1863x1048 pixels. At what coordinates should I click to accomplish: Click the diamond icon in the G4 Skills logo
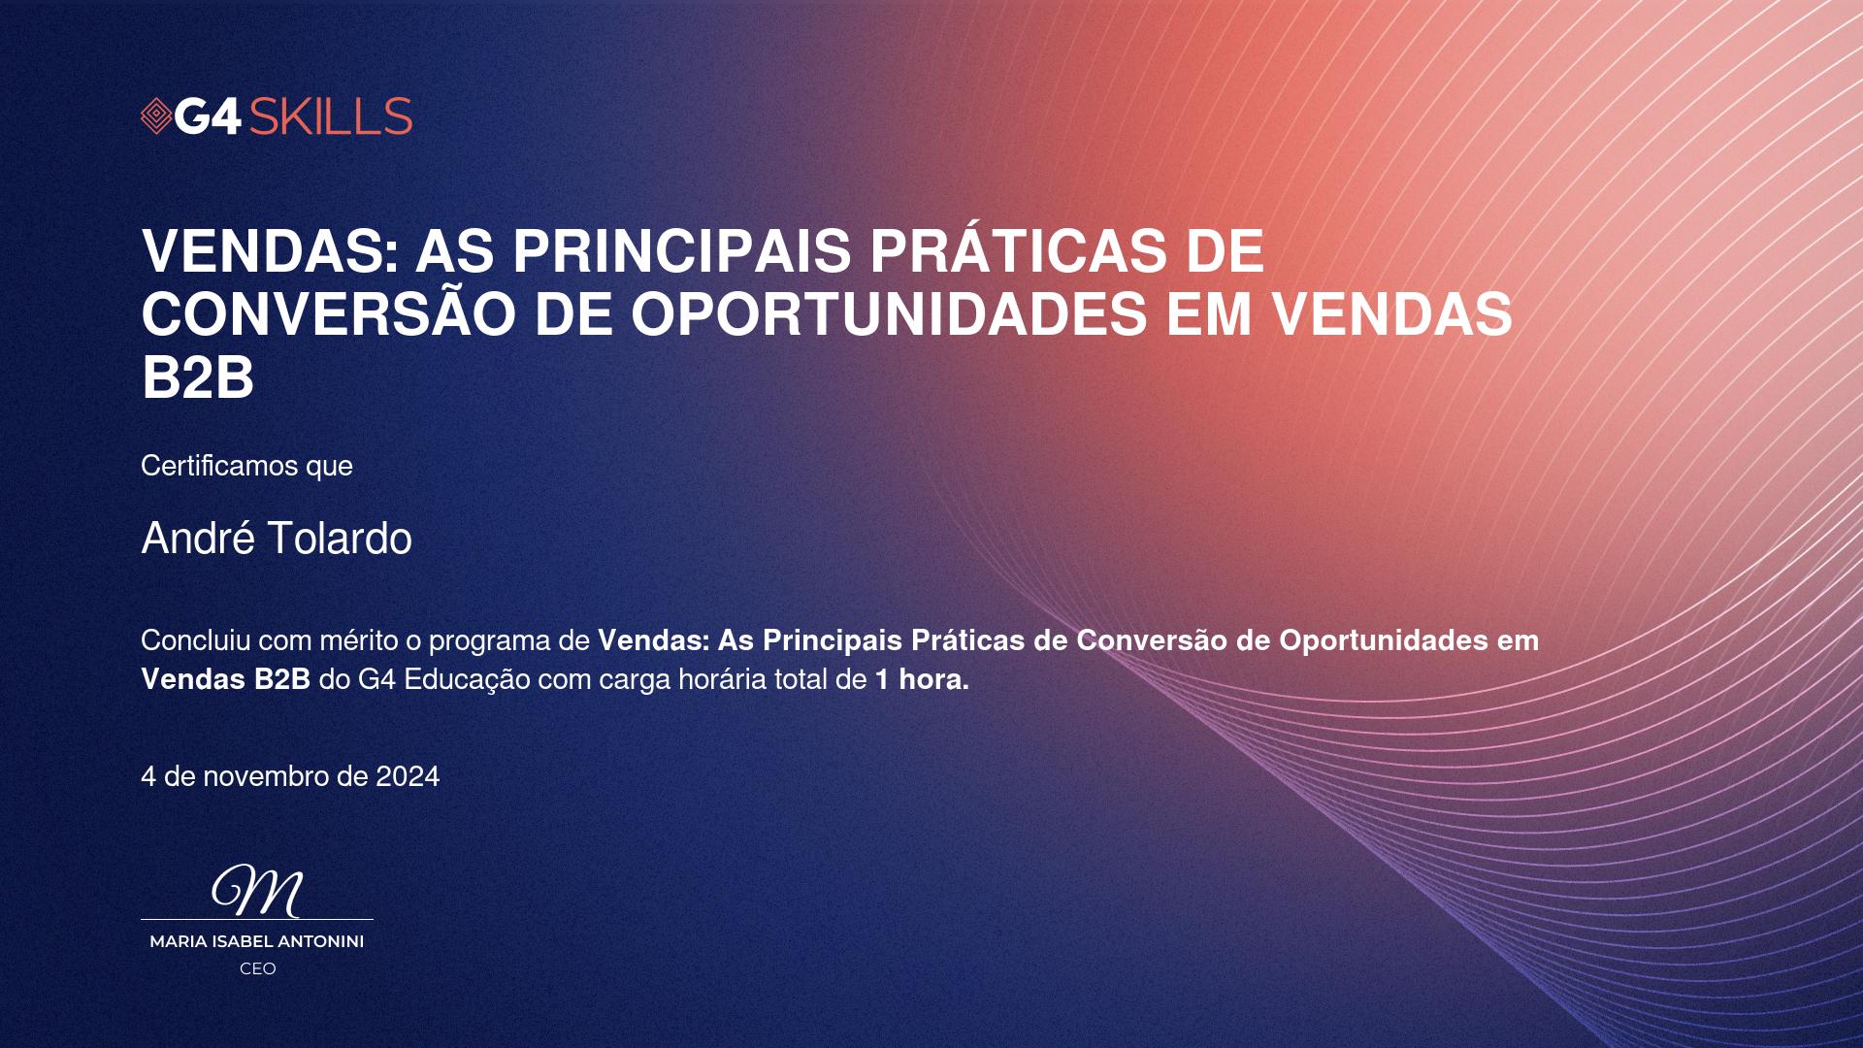[156, 116]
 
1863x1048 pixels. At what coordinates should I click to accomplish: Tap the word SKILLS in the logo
[331, 116]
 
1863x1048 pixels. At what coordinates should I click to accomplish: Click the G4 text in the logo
[209, 116]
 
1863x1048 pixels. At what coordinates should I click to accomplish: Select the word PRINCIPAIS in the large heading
[683, 251]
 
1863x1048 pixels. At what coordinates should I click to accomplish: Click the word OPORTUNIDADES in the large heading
[891, 314]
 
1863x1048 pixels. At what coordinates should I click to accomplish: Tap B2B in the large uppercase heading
[198, 377]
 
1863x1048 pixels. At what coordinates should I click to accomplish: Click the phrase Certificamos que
[246, 466]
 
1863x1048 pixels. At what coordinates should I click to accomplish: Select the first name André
[198, 538]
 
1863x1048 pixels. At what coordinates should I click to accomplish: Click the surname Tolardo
[340, 538]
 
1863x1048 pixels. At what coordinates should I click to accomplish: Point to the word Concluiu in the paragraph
[196, 640]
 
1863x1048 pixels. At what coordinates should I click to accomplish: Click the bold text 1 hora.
[922, 679]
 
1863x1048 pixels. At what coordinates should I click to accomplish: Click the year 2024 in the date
[408, 776]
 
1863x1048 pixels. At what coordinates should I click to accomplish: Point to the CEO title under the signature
[258, 968]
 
